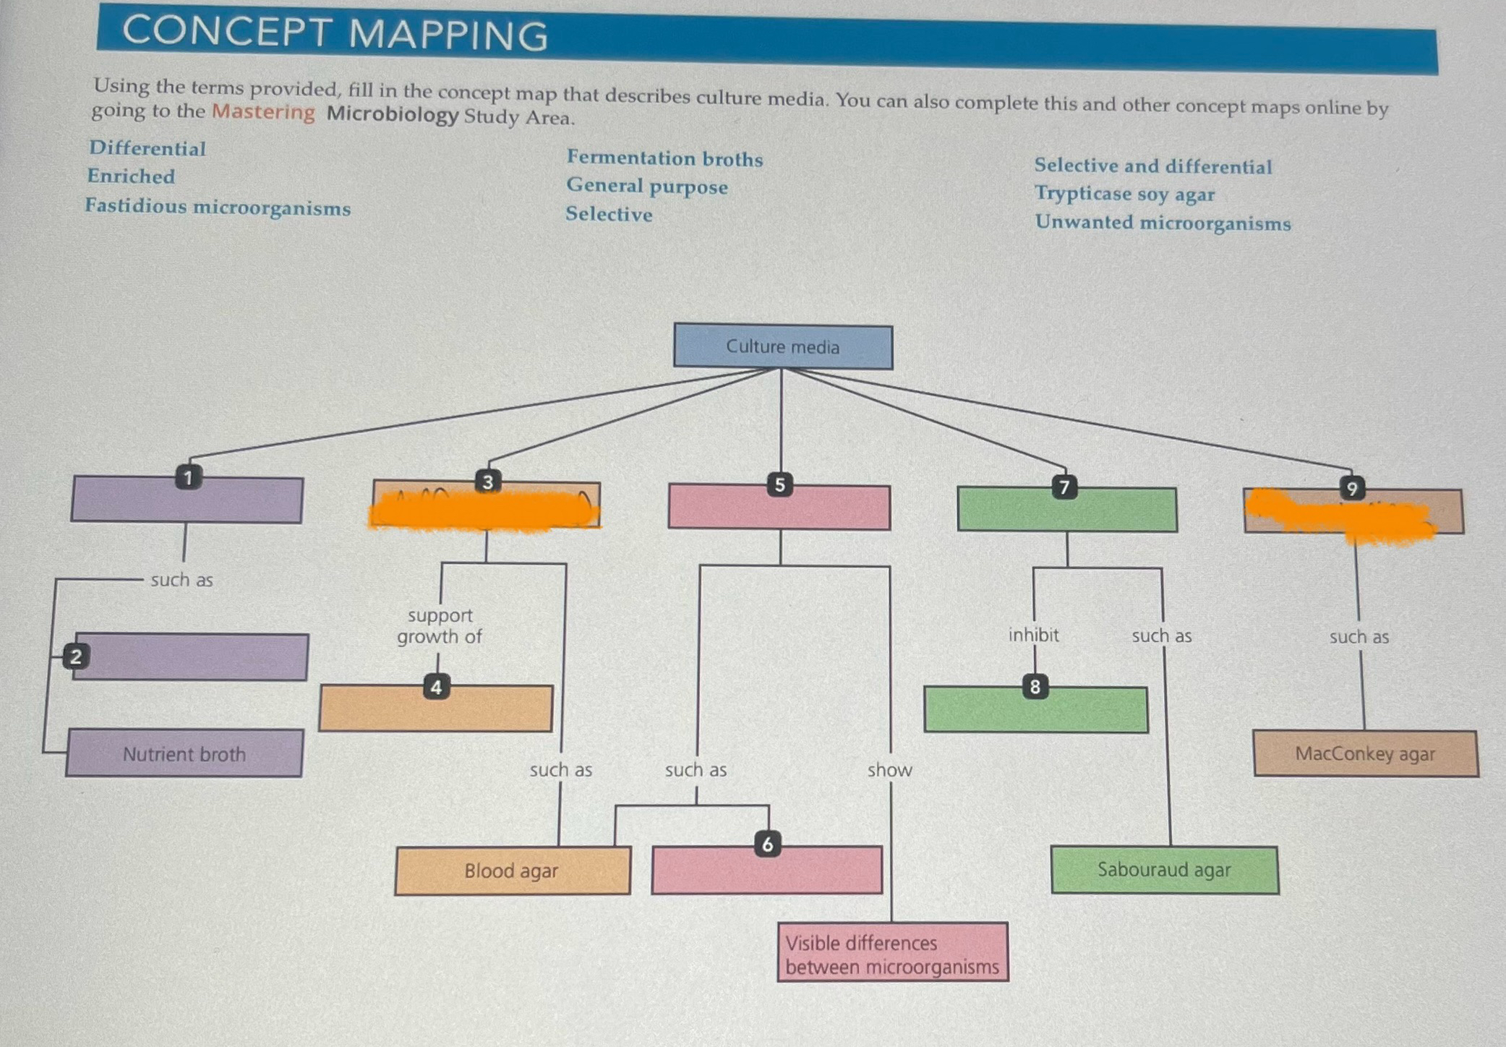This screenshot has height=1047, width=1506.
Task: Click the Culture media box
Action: pyautogui.click(x=783, y=347)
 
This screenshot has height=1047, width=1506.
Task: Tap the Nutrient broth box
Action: pyautogui.click(x=184, y=753)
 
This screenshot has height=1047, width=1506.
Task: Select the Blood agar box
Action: pyautogui.click(x=512, y=871)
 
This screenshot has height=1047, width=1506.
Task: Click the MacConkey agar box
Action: pyautogui.click(x=1365, y=753)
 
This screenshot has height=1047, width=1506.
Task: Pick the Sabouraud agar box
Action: pyautogui.click(x=1164, y=870)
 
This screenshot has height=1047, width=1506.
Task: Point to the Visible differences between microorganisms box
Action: pyautogui.click(x=892, y=954)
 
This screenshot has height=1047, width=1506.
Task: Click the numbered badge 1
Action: pyautogui.click(x=189, y=477)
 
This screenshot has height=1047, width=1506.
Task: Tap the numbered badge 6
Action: pyautogui.click(x=768, y=844)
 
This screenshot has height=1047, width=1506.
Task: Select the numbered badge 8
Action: pyautogui.click(x=1035, y=686)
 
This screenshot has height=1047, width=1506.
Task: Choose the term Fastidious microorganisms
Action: pyautogui.click(x=218, y=207)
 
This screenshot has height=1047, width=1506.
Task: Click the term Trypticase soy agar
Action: pyautogui.click(x=1124, y=194)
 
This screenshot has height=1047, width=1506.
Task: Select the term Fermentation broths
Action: pyautogui.click(x=664, y=158)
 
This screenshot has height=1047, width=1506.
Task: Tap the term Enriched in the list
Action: pyautogui.click(x=131, y=176)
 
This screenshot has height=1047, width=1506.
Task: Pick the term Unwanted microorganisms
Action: pyautogui.click(x=1163, y=223)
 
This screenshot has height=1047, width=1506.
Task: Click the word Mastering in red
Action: pyautogui.click(x=263, y=112)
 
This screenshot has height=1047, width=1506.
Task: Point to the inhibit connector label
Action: pyautogui.click(x=1033, y=635)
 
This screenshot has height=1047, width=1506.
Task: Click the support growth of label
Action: pyautogui.click(x=439, y=626)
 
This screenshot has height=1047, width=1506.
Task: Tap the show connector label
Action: pyautogui.click(x=890, y=770)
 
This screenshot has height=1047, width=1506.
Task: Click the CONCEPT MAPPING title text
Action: pyautogui.click(x=335, y=34)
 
